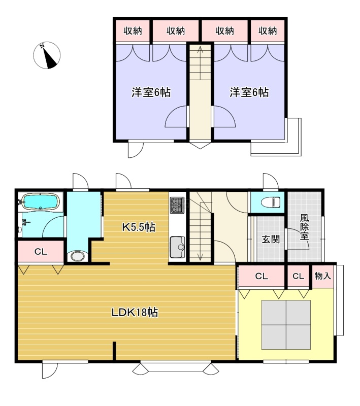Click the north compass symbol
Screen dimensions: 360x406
click(x=47, y=55)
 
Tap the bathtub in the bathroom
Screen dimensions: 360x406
click(x=41, y=201)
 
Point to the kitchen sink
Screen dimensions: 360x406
click(x=177, y=247)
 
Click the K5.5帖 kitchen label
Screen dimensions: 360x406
click(x=139, y=227)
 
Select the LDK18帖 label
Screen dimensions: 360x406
click(x=135, y=312)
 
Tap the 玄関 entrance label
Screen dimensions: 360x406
click(x=271, y=239)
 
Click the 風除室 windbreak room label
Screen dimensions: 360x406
click(x=304, y=227)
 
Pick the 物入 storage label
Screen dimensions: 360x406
click(x=323, y=276)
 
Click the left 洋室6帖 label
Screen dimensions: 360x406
click(x=151, y=92)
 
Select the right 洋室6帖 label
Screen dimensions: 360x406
click(x=249, y=92)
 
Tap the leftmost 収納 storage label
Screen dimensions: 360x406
click(x=133, y=31)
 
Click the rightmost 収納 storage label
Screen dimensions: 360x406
click(x=268, y=31)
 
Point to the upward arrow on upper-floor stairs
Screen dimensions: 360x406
click(x=200, y=62)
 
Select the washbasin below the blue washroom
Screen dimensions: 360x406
click(x=78, y=256)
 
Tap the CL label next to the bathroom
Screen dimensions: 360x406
click(x=41, y=251)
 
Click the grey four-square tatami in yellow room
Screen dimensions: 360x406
click(x=286, y=325)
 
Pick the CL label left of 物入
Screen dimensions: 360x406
click(x=298, y=276)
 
